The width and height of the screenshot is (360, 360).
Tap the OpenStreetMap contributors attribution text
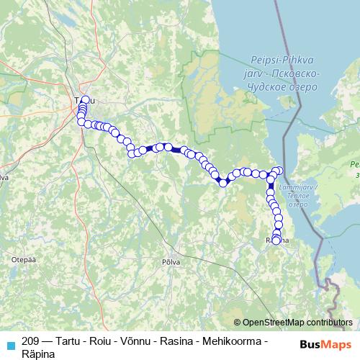pyautogui.click(x=297, y=323)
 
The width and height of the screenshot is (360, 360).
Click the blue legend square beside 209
pyautogui.click(x=9, y=341)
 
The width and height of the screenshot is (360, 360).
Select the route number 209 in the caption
pyautogui.click(x=31, y=340)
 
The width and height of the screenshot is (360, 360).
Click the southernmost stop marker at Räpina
pyautogui.click(x=276, y=240)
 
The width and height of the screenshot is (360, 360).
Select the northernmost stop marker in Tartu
pyautogui.click(x=86, y=100)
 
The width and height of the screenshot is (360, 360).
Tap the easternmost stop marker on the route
pyautogui.click(x=279, y=170)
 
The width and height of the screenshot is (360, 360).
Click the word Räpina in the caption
pyautogui.click(x=38, y=352)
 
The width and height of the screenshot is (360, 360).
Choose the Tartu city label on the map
pyautogui.click(x=84, y=100)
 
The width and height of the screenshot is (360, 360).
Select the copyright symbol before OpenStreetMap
pyautogui.click(x=238, y=323)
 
